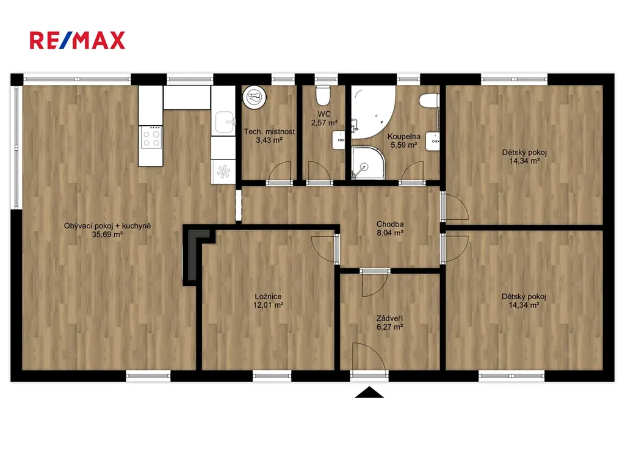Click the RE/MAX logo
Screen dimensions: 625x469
(x=78, y=40)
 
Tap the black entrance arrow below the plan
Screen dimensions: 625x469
(x=369, y=392)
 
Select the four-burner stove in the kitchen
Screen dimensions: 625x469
(x=151, y=138)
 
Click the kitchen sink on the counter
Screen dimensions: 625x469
(x=225, y=122)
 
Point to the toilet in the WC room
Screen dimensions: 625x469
(x=323, y=95)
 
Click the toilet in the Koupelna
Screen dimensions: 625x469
(x=429, y=100)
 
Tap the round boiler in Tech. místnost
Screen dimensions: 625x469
(x=255, y=96)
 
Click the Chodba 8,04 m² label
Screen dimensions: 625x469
(x=390, y=228)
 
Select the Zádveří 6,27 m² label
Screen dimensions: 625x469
(x=390, y=322)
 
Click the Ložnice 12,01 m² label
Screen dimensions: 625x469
(x=269, y=300)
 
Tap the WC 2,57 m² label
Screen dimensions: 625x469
(x=324, y=118)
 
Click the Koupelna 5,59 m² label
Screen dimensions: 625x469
(x=404, y=141)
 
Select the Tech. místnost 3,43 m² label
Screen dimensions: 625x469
(x=269, y=136)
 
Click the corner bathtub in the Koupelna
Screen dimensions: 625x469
(x=373, y=112)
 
